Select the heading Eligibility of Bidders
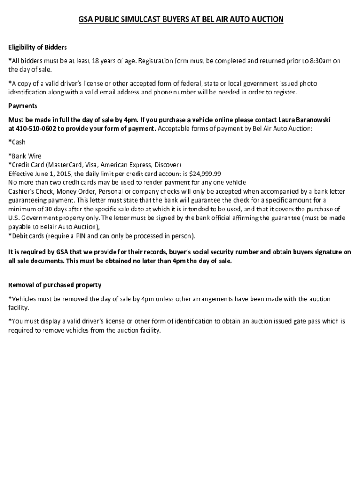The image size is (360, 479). (38, 47)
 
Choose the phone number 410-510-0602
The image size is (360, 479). (36, 128)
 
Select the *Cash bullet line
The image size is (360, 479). (17, 142)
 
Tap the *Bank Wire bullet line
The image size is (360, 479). (25, 156)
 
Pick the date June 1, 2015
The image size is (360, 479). (50, 174)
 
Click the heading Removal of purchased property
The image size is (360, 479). (55, 285)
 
